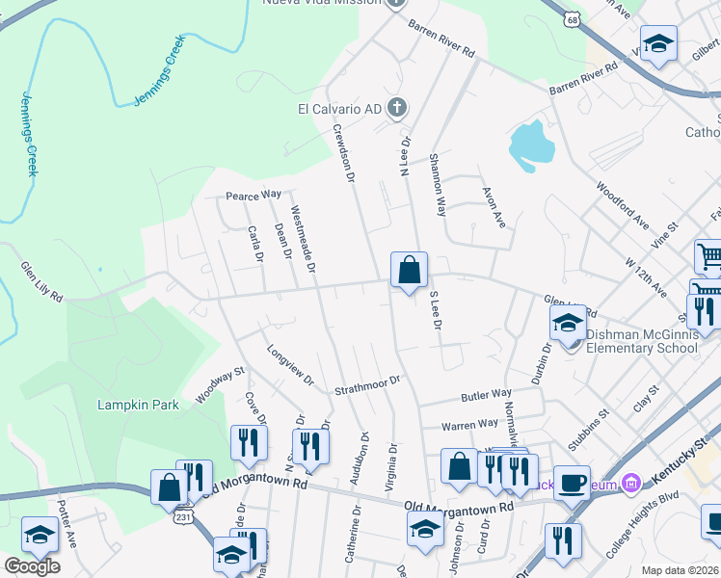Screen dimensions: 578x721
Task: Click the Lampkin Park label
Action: click(138, 405)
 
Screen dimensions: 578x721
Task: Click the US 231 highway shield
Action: click(184, 516)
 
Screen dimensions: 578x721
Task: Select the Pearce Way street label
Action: click(253, 195)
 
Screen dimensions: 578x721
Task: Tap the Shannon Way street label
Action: click(438, 183)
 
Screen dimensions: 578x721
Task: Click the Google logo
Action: click(32, 566)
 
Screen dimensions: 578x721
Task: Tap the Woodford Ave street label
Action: click(622, 204)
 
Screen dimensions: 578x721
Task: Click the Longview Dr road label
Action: click(290, 365)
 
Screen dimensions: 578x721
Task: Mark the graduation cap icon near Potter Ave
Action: click(41, 536)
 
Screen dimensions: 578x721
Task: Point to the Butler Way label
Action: click(486, 395)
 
